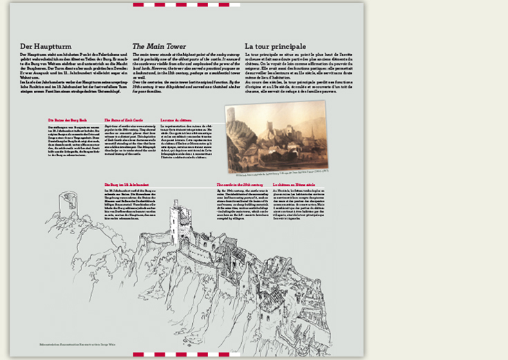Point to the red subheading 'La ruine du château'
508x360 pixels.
(x=176, y=120)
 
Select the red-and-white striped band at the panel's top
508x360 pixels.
(x=187, y=4)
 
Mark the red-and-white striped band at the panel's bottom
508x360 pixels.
(x=187, y=355)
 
